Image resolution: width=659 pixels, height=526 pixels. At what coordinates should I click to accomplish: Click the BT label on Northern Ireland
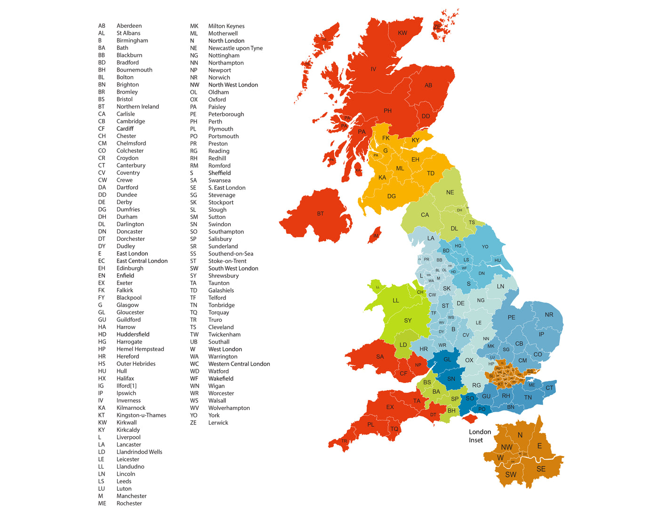click(320, 214)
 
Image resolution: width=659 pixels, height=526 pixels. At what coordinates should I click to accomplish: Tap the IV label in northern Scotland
click(373, 69)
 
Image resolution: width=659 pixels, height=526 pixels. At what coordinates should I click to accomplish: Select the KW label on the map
click(402, 33)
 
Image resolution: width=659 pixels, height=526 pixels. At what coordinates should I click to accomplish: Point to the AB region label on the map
click(428, 85)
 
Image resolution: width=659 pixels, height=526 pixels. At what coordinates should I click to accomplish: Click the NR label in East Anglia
click(549, 315)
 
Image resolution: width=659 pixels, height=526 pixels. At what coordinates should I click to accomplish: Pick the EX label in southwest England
click(390, 407)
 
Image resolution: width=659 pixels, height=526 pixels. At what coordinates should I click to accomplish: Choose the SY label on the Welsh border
click(408, 320)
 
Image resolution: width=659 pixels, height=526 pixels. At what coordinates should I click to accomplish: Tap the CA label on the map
click(425, 215)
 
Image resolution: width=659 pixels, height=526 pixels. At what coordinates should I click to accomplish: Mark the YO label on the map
click(485, 247)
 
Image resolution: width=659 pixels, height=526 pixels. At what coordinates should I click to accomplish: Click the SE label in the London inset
click(541, 469)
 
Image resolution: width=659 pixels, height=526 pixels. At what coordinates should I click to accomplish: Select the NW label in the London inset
click(506, 447)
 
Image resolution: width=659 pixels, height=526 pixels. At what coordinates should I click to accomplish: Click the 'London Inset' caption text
click(480, 436)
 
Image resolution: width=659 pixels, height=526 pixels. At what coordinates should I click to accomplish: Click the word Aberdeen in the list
click(129, 26)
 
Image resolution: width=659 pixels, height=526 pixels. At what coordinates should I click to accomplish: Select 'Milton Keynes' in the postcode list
click(226, 26)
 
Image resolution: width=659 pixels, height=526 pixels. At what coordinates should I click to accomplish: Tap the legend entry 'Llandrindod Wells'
click(139, 452)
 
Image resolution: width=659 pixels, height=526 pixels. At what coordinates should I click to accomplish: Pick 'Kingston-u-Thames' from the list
click(141, 415)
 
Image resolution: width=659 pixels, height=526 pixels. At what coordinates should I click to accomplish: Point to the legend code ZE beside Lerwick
click(193, 422)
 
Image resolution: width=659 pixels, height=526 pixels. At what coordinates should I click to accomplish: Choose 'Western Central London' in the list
click(239, 364)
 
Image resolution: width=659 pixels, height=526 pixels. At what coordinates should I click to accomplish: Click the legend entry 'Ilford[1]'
click(127, 386)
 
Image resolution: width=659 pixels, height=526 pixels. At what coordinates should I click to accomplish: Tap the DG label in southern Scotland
click(392, 196)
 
